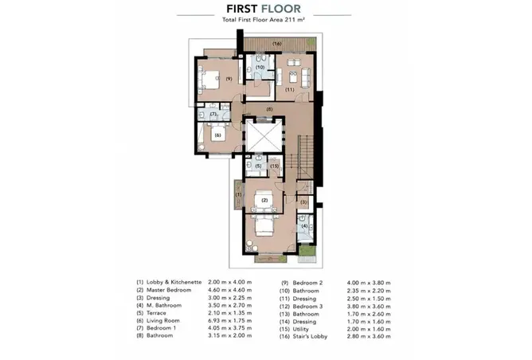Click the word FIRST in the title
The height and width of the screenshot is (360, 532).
coord(242,9)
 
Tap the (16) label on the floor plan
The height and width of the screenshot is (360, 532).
coord(277,44)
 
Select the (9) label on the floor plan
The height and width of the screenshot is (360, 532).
coord(229,79)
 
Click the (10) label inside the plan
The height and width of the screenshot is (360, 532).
coord(260,67)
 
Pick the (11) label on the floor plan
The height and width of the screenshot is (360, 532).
coord(289,89)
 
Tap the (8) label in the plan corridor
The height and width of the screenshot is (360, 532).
coord(269,109)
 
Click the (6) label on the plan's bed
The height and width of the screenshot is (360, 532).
coord(217,135)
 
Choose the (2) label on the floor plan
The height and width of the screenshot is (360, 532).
coord(264,200)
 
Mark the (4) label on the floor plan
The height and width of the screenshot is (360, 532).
coord(304,226)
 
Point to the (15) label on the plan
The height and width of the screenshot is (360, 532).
coord(274,166)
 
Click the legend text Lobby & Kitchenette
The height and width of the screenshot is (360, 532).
coord(174,282)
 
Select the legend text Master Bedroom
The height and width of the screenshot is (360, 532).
coord(169,290)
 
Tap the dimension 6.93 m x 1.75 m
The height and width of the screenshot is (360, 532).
coord(229,321)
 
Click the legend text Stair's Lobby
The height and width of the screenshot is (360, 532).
coord(310,337)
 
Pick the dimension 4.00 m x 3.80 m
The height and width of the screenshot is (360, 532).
coord(369,283)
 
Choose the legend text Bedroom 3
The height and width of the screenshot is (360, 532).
coord(307,307)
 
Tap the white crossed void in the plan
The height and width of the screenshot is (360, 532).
coord(264,136)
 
